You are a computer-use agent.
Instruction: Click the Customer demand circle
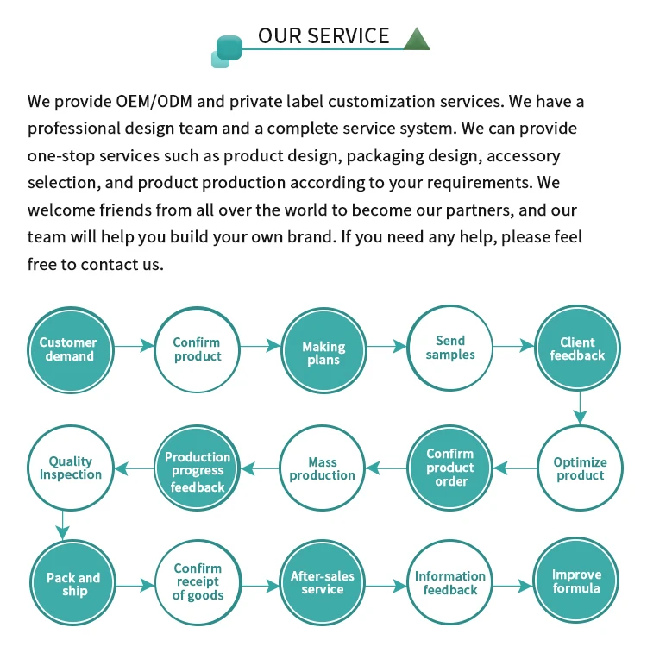tap(69, 348)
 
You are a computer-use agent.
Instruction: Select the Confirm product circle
tap(198, 348)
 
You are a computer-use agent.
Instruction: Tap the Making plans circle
tap(323, 348)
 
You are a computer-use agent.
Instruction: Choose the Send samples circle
tap(450, 348)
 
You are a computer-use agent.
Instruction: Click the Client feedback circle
tap(577, 348)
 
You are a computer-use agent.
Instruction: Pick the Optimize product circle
tap(580, 468)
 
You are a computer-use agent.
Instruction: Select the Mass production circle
tap(323, 468)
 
